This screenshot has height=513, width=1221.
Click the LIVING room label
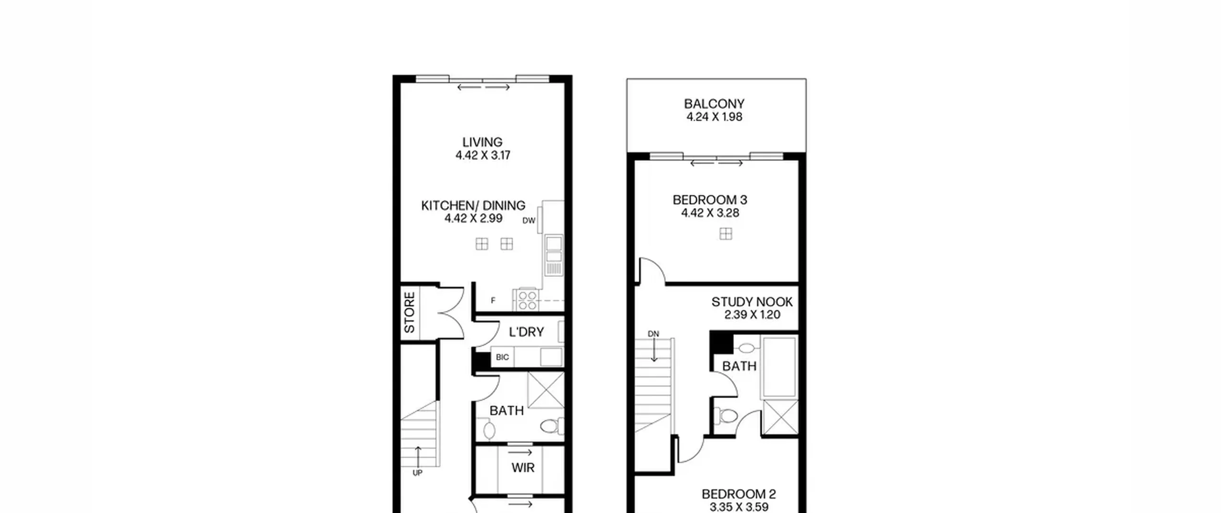pos(482,142)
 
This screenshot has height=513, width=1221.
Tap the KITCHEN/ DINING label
pos(473,206)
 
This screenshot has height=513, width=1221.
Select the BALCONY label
pos(714,104)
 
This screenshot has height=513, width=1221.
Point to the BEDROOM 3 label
pos(710,200)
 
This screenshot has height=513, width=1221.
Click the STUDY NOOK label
pos(752,302)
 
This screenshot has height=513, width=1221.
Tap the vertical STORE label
pos(410,313)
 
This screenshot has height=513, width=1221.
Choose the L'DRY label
pos(526,332)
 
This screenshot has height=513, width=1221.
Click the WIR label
pos(523,468)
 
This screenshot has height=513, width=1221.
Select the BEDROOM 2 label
pos(739,494)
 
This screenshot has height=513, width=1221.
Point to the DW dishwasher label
pos(529,220)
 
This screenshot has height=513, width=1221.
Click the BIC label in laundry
pos(502,357)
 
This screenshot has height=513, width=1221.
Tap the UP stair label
pos(417,473)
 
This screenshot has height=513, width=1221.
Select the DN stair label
pos(653,334)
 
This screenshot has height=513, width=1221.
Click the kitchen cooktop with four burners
pos(528,300)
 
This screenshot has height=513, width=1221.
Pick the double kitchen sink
pos(554,255)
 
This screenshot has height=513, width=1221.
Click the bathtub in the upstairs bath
pos(780,366)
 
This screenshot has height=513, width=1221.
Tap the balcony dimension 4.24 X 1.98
pos(714,117)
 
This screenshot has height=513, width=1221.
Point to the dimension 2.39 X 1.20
pos(752,315)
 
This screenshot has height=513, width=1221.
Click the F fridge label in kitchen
pos(493,301)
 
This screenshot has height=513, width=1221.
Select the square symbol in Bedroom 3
pos(726,234)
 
